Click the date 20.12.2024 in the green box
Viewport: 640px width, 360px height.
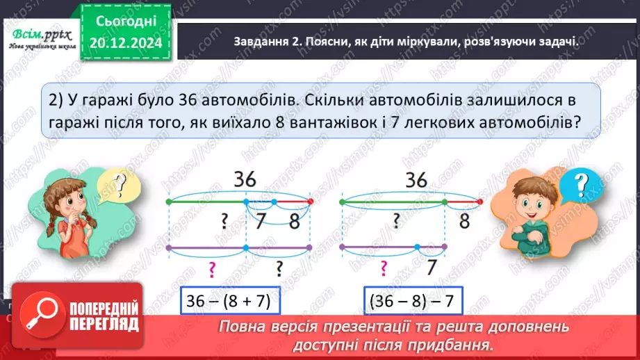[x=126, y=44]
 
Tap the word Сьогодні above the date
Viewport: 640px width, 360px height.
[x=126, y=22]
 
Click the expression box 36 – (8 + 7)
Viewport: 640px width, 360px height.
[x=227, y=302]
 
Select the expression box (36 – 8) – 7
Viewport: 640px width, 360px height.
[x=411, y=302]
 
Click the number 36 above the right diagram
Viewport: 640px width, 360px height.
[x=415, y=181]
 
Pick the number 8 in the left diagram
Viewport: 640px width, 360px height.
[x=294, y=222]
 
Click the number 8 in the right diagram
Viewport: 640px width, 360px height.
[x=464, y=222]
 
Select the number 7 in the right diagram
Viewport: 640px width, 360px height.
[x=431, y=266]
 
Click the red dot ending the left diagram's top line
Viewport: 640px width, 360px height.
[x=310, y=202]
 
